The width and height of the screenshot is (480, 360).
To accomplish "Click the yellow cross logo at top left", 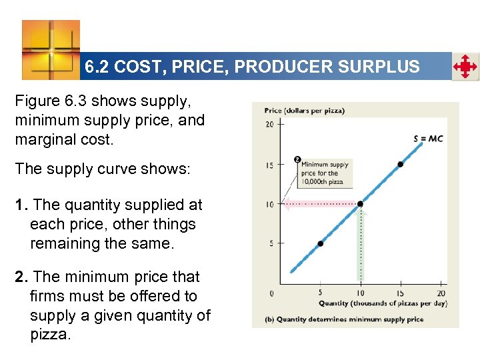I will pos(51,49).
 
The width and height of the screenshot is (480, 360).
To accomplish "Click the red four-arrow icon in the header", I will pos(465,67).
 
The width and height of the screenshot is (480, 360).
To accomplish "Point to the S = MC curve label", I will pos(428,139).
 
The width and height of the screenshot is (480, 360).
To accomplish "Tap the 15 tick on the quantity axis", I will pos(401,293).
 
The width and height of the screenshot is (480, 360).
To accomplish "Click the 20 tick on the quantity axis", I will pos(441,293).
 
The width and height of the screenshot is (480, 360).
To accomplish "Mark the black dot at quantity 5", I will pos(320,243).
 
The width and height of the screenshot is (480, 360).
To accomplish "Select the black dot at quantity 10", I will pos(360,203).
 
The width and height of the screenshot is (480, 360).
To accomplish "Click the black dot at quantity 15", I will pos(401,163).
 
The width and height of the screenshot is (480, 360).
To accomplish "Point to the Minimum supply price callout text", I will pos(325,173).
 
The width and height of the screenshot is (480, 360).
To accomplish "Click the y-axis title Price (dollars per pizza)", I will pos(304,111).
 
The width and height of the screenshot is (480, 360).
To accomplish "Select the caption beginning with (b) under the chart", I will pos(349,319).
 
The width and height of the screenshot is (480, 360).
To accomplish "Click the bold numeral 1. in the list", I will pos(21,205).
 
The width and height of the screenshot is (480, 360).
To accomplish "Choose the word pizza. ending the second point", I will pos(49,335).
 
